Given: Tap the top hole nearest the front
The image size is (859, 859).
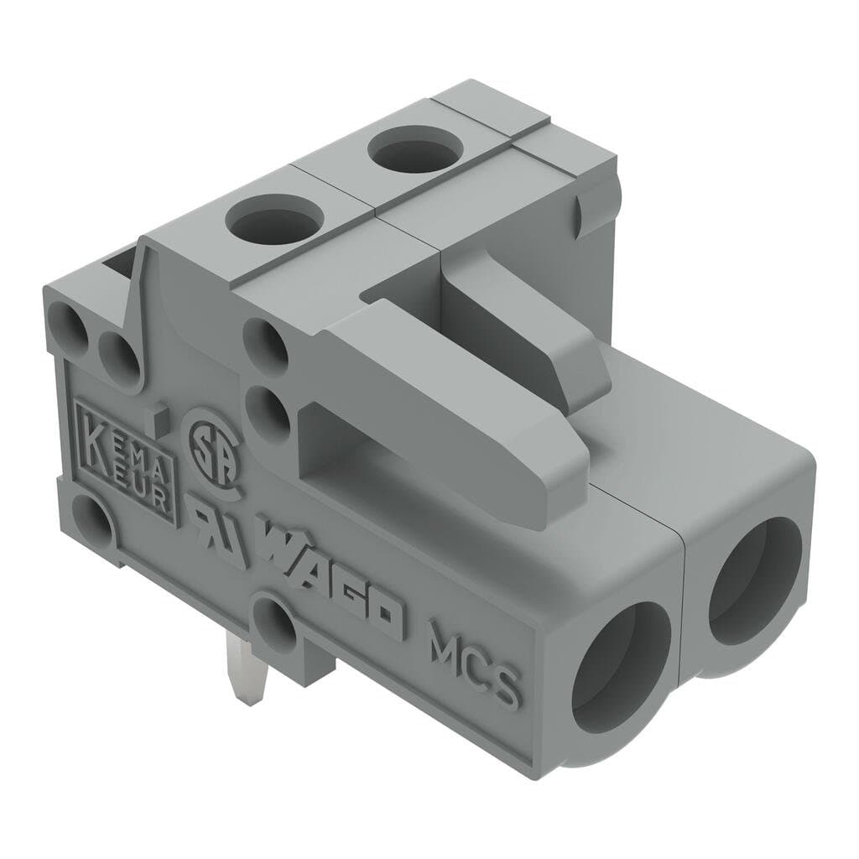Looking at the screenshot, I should tap(274, 220).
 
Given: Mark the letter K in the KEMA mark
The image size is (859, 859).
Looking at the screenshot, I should tap(95, 436).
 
